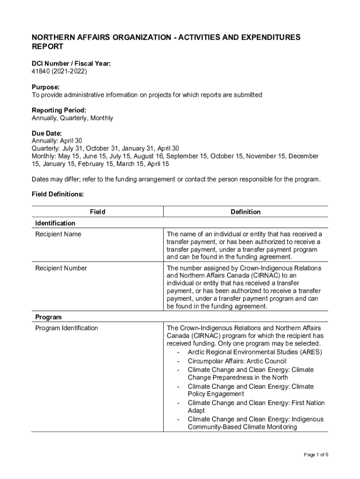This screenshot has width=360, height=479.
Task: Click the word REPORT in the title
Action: (47, 47)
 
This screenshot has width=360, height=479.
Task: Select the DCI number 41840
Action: (41, 72)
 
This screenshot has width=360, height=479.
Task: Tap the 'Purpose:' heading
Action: (45, 87)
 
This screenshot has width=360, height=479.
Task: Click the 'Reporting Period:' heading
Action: (59, 110)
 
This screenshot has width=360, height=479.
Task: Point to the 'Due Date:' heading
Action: (47, 133)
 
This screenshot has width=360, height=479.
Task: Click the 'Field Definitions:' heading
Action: (58, 193)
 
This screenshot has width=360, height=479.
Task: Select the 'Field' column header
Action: (97, 212)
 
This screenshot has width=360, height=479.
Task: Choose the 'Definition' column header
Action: (245, 212)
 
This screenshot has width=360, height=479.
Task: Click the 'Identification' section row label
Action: (55, 223)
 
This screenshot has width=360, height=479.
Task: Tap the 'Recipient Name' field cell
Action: (58, 234)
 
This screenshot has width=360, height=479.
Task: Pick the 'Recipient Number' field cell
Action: (61, 268)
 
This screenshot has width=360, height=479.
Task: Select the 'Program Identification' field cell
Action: (66, 328)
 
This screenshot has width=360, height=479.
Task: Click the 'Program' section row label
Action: (48, 317)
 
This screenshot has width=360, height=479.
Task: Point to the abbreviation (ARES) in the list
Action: (311, 352)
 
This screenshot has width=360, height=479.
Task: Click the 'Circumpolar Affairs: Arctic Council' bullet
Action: (237, 361)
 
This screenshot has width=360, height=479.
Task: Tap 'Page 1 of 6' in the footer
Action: (316, 455)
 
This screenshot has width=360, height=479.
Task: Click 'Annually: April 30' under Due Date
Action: (57, 141)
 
